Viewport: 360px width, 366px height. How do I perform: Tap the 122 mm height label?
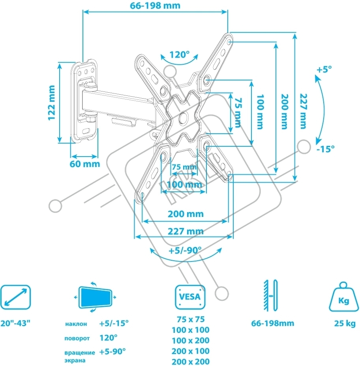click(52, 101)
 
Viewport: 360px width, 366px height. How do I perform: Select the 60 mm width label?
click(85, 164)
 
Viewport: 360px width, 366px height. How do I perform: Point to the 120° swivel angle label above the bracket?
click(180, 54)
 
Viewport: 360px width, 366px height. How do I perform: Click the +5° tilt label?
click(324, 69)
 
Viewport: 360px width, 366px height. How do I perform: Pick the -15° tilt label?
click(325, 149)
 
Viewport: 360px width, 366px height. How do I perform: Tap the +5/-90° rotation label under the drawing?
click(185, 250)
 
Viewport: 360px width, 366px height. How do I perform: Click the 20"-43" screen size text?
click(15, 323)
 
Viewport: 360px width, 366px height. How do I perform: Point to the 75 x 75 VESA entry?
click(190, 319)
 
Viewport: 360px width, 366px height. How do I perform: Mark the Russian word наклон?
click(76, 325)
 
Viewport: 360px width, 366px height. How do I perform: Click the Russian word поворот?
click(77, 338)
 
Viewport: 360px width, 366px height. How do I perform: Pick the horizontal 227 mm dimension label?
click(185, 231)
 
